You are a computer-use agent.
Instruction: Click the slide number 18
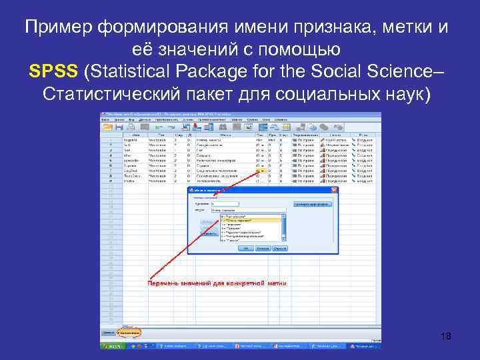[446, 337]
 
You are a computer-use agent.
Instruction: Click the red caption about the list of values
[217, 283]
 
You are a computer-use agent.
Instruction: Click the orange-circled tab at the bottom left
[129, 332]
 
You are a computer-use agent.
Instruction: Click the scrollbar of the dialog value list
[283, 227]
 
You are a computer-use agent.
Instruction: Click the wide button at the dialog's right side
[312, 204]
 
